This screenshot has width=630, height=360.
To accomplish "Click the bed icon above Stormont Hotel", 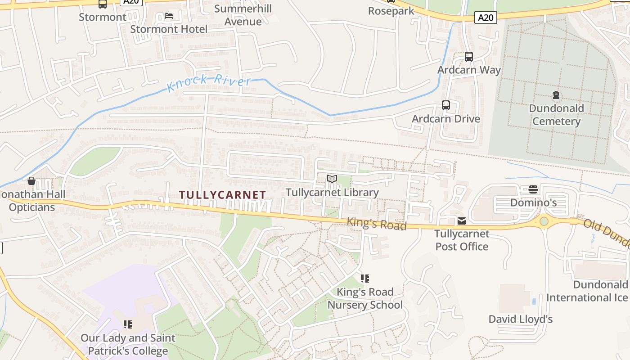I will [x=169, y=16].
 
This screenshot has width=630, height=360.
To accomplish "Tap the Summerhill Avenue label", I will [x=243, y=15].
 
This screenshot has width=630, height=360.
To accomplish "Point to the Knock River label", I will [x=209, y=82].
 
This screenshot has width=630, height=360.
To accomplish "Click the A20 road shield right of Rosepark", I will [x=486, y=18].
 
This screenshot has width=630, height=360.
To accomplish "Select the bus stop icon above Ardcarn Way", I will [x=468, y=57].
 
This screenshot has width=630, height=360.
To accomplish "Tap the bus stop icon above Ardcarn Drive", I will [x=445, y=105].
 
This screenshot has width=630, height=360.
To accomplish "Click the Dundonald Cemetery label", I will [x=556, y=115].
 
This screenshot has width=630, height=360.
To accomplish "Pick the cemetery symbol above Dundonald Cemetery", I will [x=556, y=95].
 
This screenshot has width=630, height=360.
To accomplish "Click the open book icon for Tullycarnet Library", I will [x=332, y=179].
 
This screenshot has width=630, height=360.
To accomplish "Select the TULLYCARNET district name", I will [x=223, y=195].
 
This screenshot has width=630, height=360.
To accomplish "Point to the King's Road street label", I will [x=376, y=224].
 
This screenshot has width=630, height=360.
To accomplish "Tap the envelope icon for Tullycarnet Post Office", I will [x=462, y=221].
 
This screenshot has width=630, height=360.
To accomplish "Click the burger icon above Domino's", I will [x=533, y=189].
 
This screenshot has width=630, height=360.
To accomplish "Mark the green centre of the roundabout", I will [x=544, y=221].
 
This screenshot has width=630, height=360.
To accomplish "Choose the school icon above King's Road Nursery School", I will [x=365, y=279].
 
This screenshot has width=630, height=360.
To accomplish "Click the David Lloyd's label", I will [x=521, y=319].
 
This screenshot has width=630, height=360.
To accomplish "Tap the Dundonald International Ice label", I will [x=587, y=291].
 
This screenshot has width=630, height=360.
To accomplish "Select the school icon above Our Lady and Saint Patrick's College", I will [x=128, y=324].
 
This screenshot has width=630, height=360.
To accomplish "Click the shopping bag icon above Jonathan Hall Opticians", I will [x=31, y=181].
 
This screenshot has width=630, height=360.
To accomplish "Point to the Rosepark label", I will [x=391, y=11].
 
